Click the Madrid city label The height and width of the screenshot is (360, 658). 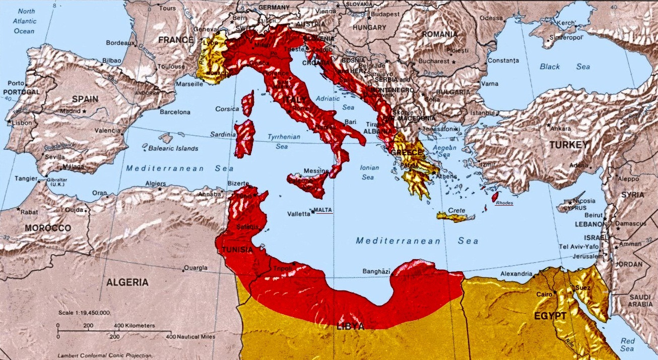[x=70, y=111]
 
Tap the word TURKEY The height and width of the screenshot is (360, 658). [x=569, y=145]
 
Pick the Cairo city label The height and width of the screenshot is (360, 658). [x=544, y=294]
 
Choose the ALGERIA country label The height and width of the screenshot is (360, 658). [x=127, y=282]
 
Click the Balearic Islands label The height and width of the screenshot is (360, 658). [x=173, y=149]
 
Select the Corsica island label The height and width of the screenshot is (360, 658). [x=227, y=108]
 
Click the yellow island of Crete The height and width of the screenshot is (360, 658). [x=455, y=217]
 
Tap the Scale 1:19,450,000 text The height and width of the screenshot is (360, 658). [x=84, y=313]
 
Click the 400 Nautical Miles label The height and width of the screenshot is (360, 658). [x=193, y=336]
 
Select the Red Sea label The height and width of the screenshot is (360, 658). [x=627, y=344]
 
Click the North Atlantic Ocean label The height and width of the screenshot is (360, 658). [x=24, y=21]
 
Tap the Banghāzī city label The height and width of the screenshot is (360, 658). [x=376, y=272]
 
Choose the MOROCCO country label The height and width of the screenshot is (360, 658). [x=48, y=228]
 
